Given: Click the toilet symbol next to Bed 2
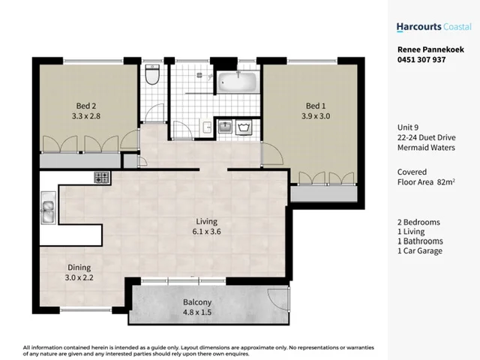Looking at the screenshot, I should [x=152, y=76].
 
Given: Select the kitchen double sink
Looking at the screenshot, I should [x=47, y=209].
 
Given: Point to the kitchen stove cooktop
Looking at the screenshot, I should [x=101, y=178].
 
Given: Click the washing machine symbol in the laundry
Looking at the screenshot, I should [x=244, y=127].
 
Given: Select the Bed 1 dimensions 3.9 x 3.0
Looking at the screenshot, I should [x=314, y=116].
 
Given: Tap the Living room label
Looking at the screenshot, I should [x=206, y=221].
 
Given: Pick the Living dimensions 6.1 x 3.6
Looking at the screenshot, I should [x=206, y=232].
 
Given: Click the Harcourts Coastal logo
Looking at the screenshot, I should [x=433, y=27].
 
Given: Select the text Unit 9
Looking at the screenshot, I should [x=409, y=127].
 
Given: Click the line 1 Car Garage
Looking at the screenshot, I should [x=420, y=250].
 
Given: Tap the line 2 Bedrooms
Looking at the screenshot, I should [x=418, y=223].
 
